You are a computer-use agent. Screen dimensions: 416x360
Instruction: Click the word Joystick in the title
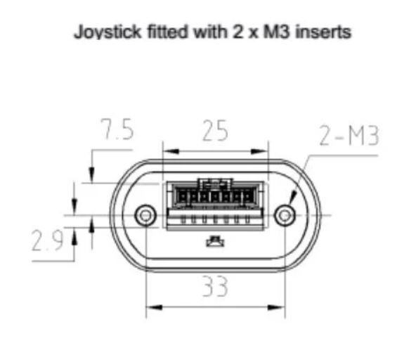(108, 32)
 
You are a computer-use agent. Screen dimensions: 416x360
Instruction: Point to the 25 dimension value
(215, 131)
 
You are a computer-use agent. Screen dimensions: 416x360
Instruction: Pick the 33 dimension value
(215, 286)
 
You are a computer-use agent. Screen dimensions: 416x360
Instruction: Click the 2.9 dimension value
(47, 240)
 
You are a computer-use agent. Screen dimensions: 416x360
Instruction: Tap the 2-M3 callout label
(349, 136)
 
